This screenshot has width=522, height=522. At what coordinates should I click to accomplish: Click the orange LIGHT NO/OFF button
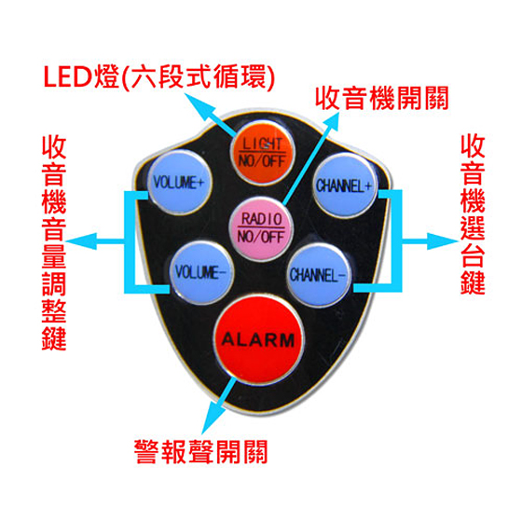point(262,153)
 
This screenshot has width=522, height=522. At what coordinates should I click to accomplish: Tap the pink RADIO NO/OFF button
point(261,228)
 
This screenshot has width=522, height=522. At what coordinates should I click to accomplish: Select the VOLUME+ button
point(179,183)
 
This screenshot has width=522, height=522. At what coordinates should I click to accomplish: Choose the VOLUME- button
point(201,272)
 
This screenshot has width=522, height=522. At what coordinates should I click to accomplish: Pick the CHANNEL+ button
point(344,185)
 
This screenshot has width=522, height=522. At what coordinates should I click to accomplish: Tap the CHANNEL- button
point(319,275)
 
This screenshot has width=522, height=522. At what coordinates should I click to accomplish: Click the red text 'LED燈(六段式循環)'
point(159,76)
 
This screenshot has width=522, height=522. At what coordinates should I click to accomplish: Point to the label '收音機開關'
point(382,98)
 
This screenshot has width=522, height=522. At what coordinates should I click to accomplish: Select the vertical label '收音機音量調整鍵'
point(54,242)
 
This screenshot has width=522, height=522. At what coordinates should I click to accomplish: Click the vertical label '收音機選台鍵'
point(473,214)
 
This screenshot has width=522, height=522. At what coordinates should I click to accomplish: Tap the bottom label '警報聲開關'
point(201,452)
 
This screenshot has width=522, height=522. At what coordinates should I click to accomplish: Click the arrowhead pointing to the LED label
point(199,105)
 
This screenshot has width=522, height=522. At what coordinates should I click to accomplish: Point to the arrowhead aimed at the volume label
point(82,241)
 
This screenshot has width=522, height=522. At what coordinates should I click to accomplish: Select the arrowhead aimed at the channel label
point(443,241)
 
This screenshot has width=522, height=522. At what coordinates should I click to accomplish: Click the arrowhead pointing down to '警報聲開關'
point(212,418)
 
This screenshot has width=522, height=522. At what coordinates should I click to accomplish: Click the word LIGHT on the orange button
point(262,144)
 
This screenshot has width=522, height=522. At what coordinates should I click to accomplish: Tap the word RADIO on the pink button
point(261,219)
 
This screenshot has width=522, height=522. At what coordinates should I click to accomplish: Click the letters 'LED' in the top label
point(67,77)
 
